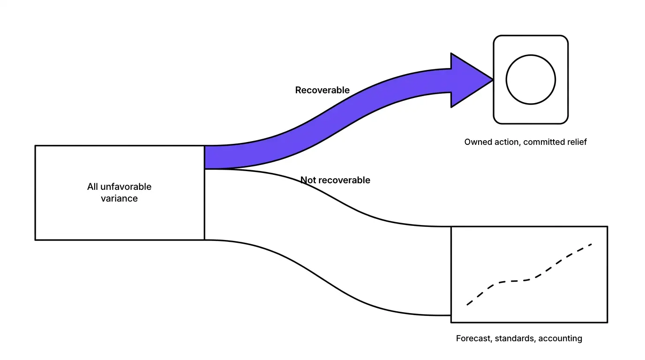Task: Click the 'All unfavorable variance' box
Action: tap(120, 193)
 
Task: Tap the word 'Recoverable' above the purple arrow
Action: tap(322, 90)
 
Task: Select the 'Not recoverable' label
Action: tap(335, 180)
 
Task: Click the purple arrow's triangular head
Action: tap(469, 80)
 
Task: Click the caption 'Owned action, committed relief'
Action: tap(525, 142)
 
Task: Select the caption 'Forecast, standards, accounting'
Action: tap(519, 338)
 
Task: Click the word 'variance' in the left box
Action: tap(119, 198)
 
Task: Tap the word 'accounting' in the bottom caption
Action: tap(560, 339)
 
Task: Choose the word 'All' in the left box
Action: tap(92, 187)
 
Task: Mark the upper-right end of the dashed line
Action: tap(592, 244)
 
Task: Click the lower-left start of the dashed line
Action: tap(467, 305)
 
